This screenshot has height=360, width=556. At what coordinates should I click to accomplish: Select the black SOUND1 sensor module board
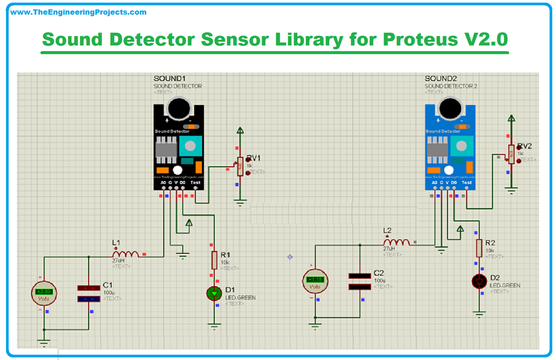pos(179,147)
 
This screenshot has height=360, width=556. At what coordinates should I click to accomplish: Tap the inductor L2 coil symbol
pos(396,242)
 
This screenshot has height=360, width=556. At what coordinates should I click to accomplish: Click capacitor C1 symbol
pos(88,294)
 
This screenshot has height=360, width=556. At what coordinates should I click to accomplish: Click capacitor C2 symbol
pos(359,281)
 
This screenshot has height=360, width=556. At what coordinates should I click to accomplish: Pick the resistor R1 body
pos(215,260)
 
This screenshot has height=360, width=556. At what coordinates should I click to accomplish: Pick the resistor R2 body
pos(479,248)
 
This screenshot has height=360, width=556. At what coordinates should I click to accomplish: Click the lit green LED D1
pos(214,294)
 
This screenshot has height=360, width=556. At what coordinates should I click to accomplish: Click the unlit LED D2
pos(479,281)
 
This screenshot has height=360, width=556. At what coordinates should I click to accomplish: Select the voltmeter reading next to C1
pos(43,293)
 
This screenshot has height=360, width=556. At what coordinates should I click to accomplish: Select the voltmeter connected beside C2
pos(315,281)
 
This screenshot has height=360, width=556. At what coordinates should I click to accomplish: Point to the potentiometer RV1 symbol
pos(240,166)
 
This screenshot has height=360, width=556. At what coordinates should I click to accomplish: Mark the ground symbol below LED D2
pos(479,313)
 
